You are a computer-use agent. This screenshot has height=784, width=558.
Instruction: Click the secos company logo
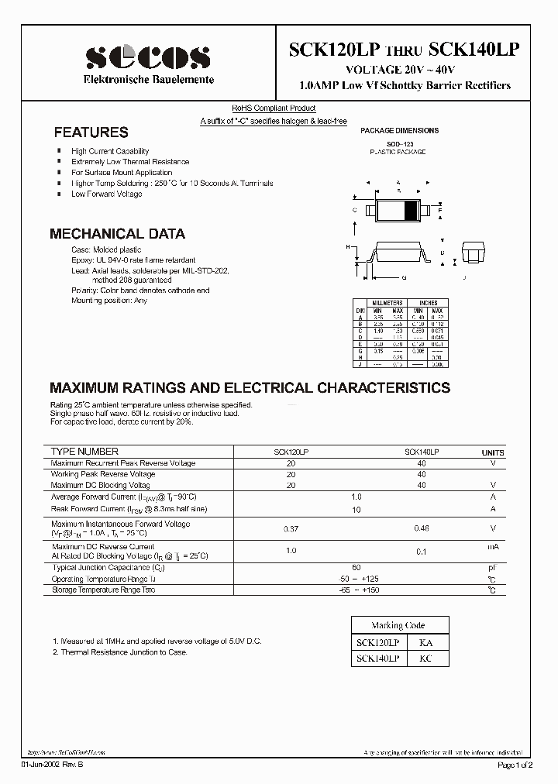coord(147,57)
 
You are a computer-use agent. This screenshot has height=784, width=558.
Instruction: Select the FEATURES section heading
coord(91,132)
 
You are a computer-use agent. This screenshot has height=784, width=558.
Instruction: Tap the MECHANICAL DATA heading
coord(117,233)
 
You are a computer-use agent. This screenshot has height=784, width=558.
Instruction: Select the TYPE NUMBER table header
coord(84,452)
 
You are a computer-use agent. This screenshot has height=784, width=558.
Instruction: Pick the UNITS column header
coord(492,452)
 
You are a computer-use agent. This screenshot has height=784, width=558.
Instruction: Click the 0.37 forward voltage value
coord(291,528)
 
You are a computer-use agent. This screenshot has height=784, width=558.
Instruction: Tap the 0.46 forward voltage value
coord(421,528)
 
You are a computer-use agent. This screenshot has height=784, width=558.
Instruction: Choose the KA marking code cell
coord(425,642)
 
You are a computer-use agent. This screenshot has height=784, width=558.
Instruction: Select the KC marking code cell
coord(425,658)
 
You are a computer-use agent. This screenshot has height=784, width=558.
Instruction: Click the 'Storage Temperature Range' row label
coord(103,590)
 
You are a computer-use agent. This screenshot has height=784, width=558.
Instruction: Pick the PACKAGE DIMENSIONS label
coord(400,131)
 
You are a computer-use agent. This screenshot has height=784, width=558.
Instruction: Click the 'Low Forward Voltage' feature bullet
coord(106,194)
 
